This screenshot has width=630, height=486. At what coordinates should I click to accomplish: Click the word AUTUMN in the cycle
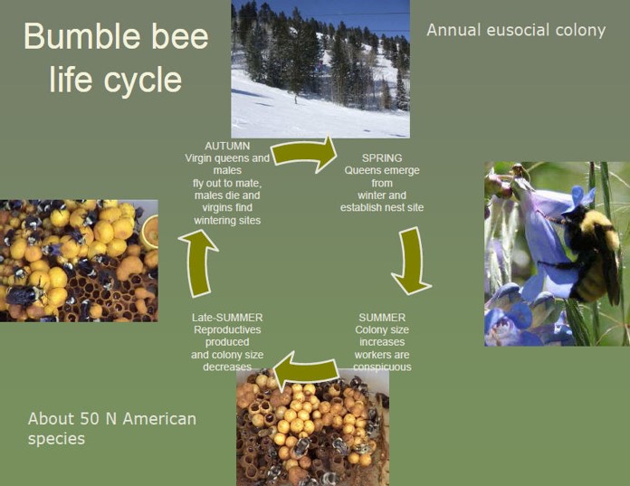tap(227, 146)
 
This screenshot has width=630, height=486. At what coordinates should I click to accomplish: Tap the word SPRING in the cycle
tap(382, 157)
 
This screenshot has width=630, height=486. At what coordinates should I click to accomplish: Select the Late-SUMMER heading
tap(227, 318)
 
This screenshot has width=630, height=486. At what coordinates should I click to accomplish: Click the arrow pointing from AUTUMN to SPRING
tap(304, 154)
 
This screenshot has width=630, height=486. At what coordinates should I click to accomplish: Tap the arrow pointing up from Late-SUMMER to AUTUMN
tap(199, 263)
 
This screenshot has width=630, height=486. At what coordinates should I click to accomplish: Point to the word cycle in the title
tap(143, 79)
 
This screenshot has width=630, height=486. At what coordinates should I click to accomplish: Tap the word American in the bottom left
tap(159, 419)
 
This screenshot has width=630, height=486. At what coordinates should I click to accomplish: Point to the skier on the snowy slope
tap(296, 98)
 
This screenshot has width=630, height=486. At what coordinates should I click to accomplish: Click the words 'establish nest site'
tap(382, 207)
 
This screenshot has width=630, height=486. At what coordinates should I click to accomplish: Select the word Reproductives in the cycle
tap(227, 329)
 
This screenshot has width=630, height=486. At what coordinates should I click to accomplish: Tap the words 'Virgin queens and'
tap(227, 158)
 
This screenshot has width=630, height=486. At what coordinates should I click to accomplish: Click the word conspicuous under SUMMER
tap(382, 367)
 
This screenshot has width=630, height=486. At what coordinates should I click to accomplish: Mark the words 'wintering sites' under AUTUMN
tap(227, 221)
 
